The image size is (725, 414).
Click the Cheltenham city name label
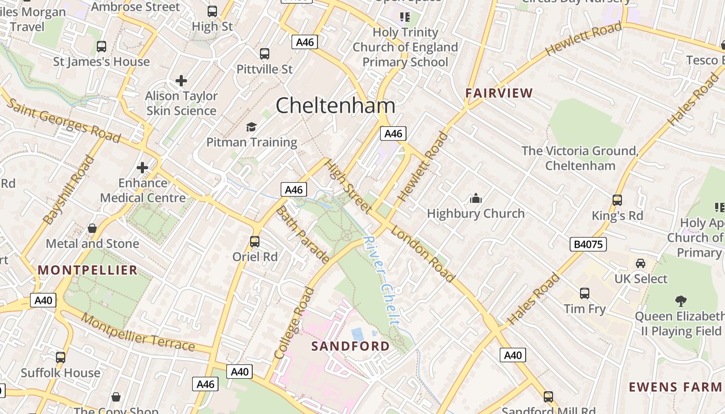335,106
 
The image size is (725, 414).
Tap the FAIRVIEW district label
499,93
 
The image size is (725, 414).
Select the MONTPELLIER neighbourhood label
88,270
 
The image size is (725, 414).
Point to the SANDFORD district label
351,346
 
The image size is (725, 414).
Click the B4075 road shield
588,244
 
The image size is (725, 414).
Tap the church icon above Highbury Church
475,198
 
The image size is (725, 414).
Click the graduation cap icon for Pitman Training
251,127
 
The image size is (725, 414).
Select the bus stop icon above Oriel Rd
254,242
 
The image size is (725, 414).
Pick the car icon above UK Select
641,263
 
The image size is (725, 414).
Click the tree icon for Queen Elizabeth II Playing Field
680,301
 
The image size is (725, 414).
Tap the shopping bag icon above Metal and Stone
92,228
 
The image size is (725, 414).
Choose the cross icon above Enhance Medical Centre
142,168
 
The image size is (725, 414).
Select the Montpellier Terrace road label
138,332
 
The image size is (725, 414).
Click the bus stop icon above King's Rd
617,200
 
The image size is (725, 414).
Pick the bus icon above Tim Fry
584,293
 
